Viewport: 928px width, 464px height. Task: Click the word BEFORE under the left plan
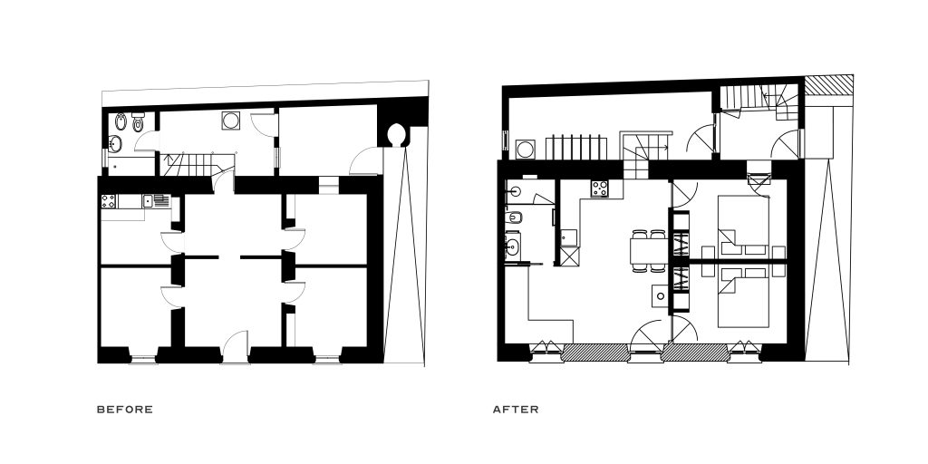click(x=125, y=409)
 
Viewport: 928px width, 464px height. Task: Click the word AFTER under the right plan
click(x=516, y=409)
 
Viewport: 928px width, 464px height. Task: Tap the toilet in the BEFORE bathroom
click(x=139, y=122)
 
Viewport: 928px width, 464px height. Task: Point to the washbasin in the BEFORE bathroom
click(x=115, y=144)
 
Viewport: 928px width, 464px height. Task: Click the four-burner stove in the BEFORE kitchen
click(x=109, y=201)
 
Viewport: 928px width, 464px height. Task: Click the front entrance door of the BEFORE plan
click(x=236, y=347)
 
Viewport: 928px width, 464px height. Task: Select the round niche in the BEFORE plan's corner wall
click(x=395, y=135)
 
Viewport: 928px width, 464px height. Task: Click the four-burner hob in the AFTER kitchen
click(x=599, y=188)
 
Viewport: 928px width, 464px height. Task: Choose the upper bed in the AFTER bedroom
click(x=743, y=225)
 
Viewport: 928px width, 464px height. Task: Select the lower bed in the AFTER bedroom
click(x=743, y=297)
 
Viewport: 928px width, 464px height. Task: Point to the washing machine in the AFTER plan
click(x=525, y=150)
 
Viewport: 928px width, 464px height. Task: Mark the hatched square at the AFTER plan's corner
click(x=828, y=84)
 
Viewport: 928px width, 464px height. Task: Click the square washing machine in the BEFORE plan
click(x=231, y=121)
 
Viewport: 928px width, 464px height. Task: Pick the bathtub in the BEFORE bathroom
click(x=131, y=167)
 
